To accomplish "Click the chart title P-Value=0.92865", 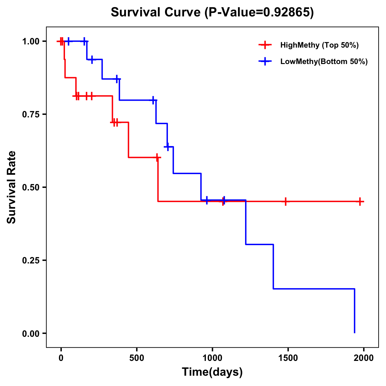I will [x=212, y=12].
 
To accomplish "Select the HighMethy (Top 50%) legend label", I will [x=319, y=45].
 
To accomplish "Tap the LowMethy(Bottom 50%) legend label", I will [x=324, y=61].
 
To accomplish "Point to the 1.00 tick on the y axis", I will [x=31, y=41].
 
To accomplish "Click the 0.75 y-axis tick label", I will [x=31, y=114].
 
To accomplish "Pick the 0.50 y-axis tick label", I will [x=31, y=187].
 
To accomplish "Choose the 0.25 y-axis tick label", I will [x=31, y=260].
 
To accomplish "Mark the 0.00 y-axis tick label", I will [x=31, y=333].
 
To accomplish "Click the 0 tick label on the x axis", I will [x=61, y=358].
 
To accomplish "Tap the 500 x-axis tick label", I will [x=137, y=358].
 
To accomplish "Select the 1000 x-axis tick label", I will [x=212, y=358].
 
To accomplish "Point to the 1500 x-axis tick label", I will [x=288, y=358].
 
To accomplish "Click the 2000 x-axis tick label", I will [x=364, y=358].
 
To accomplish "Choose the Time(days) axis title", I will [x=212, y=372].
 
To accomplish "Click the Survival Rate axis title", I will [x=12, y=187].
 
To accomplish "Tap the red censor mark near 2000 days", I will [x=360, y=202].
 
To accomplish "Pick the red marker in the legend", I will [x=265, y=45].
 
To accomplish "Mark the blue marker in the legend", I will [x=265, y=61].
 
